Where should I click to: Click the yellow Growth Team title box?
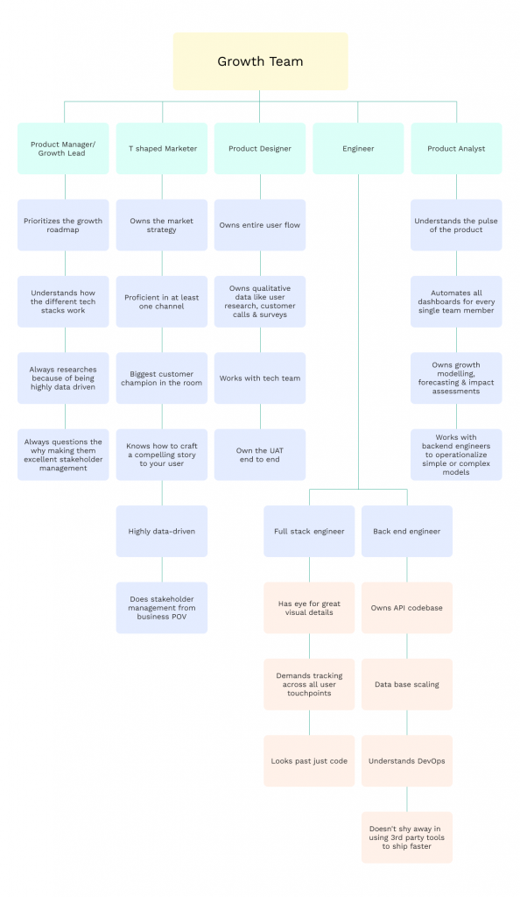260,61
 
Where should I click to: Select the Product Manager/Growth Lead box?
63,149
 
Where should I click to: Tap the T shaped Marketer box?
162,149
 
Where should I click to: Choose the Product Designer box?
260,149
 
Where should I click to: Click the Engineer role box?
358,149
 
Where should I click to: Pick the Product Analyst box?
457,149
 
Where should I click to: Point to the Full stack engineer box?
309,532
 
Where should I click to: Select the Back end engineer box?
407,532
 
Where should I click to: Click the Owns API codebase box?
407,608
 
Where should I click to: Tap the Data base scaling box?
407,685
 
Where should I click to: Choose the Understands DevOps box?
407,761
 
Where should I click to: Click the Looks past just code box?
309,761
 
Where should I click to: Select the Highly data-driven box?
162,532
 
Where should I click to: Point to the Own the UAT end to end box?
260,455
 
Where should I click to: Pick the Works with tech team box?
260,378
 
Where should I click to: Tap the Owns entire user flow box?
260,225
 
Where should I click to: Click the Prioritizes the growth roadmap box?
63,225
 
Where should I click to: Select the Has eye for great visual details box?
309,608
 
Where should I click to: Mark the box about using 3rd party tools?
407,837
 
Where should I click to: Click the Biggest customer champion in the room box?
162,378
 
